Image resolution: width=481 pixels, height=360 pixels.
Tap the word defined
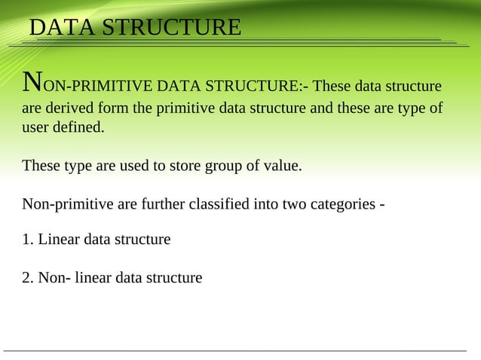(81, 127)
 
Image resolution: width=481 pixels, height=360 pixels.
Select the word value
(282, 166)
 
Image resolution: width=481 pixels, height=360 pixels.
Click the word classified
(224, 204)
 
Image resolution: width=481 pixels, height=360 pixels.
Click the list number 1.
(28, 239)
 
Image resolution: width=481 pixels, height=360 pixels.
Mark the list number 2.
(28, 278)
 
